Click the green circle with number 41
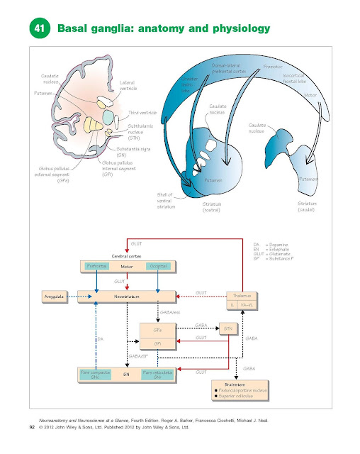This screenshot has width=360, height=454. tap(39, 28)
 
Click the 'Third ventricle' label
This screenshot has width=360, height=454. tap(142, 113)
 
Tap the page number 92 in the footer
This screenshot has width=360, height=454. tap(31, 428)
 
